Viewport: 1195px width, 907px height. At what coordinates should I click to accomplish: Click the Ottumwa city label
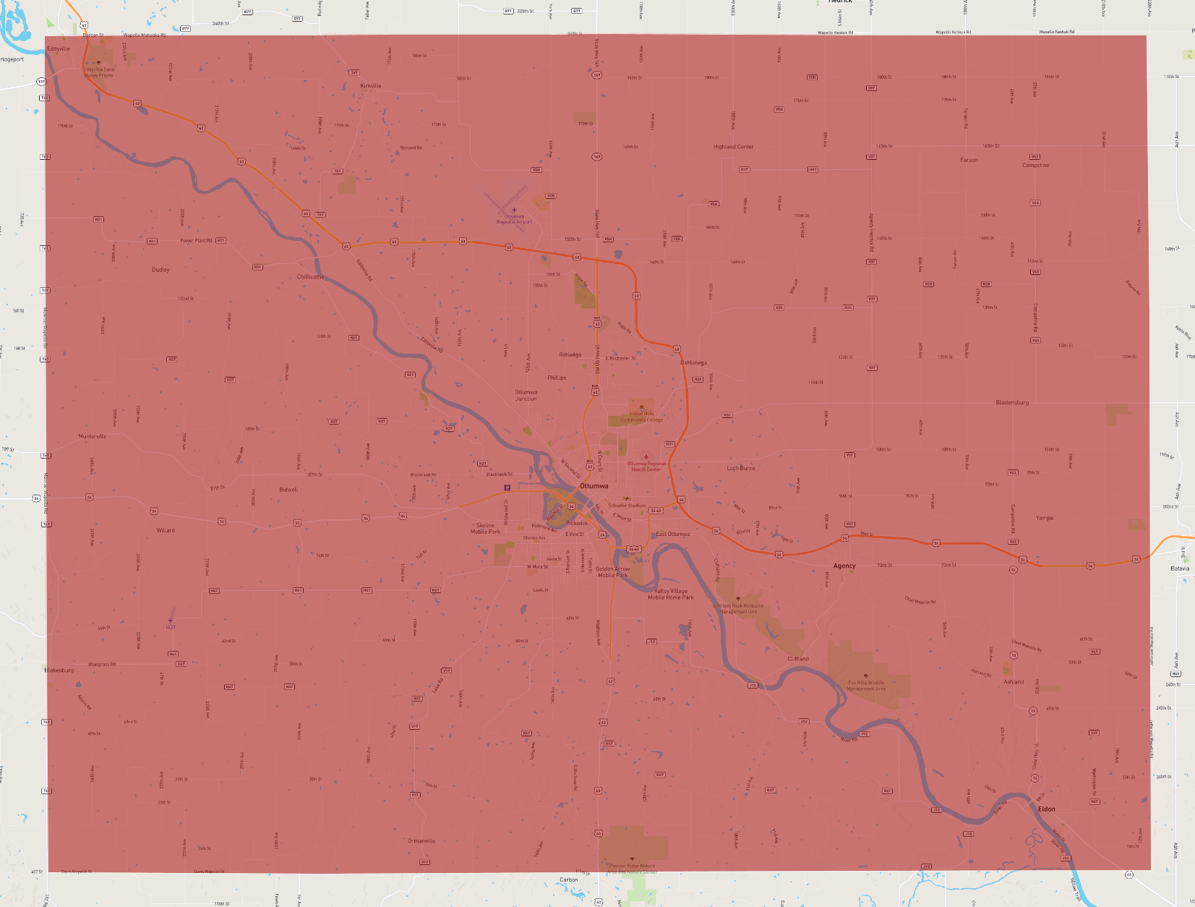pyautogui.click(x=594, y=486)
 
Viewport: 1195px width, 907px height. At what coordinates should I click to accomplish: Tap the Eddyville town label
pyautogui.click(x=59, y=48)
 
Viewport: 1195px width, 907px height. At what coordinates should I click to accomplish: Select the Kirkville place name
pyautogui.click(x=371, y=86)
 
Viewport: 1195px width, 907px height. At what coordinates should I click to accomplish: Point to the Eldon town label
pyautogui.click(x=1046, y=809)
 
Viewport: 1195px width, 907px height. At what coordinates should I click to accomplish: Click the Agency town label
pyautogui.click(x=844, y=566)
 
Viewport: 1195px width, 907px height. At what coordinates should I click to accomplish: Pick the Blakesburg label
pyautogui.click(x=59, y=670)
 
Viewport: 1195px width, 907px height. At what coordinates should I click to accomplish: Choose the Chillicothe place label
pyautogui.click(x=311, y=277)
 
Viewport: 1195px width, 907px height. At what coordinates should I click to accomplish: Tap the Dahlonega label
pyautogui.click(x=693, y=363)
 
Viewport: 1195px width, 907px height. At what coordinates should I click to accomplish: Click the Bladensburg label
pyautogui.click(x=1012, y=403)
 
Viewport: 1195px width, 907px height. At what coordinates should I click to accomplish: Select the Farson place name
pyautogui.click(x=969, y=161)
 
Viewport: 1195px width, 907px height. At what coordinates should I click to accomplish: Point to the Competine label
pyautogui.click(x=1035, y=166)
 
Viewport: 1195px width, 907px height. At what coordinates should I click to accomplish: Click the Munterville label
pyautogui.click(x=93, y=437)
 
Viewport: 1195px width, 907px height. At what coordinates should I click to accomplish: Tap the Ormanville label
pyautogui.click(x=421, y=841)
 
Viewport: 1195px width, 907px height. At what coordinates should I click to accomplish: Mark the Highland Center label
pyautogui.click(x=733, y=147)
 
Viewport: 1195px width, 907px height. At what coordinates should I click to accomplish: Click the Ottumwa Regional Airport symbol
pyautogui.click(x=514, y=210)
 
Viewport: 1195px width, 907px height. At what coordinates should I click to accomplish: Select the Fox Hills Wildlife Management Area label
pyautogui.click(x=866, y=686)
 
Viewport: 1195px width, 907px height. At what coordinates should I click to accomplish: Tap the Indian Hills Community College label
pyautogui.click(x=641, y=417)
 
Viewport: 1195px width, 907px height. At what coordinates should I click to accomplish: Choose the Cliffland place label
pyautogui.click(x=798, y=659)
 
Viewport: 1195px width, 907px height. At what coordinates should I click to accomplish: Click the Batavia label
pyautogui.click(x=1180, y=569)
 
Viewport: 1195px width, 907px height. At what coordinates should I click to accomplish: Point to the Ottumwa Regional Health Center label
pyautogui.click(x=646, y=467)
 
